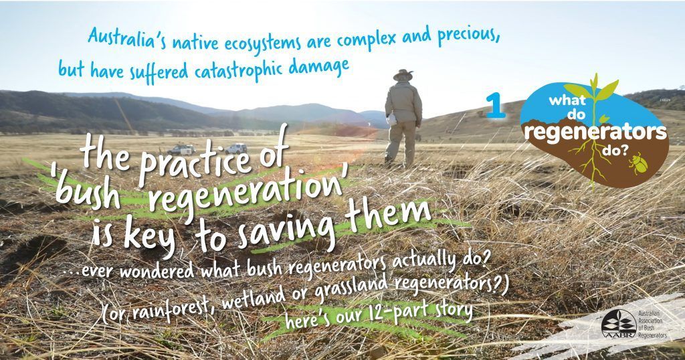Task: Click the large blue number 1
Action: pos(496,106)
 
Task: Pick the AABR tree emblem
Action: pos(613,325)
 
